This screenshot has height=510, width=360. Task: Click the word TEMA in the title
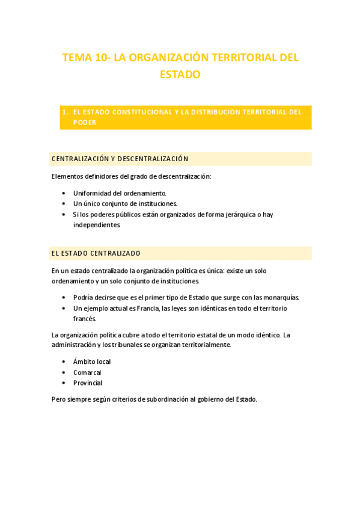point(77,58)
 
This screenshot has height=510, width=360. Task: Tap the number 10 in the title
point(102,58)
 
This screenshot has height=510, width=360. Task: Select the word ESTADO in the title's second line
point(180,75)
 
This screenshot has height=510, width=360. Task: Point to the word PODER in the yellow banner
point(85,122)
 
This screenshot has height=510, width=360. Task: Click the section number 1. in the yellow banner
point(66,112)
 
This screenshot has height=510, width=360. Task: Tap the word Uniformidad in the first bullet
point(93,193)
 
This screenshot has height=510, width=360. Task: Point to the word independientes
point(97,224)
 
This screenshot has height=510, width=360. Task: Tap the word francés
point(85,318)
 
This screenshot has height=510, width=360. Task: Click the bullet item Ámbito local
point(92,361)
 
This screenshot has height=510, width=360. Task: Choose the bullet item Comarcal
point(87,372)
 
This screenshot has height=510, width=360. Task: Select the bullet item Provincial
point(88,382)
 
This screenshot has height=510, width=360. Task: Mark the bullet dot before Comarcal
point(64,372)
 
